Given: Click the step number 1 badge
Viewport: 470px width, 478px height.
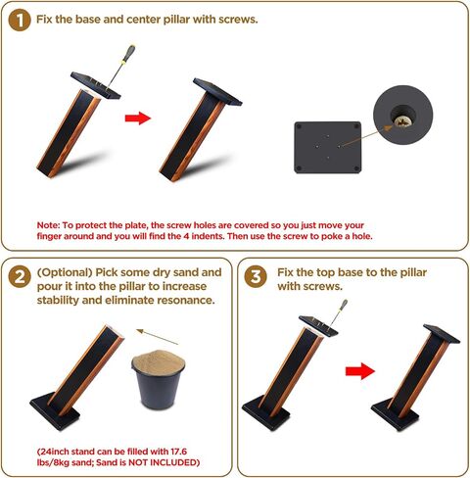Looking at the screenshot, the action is [x=20, y=21].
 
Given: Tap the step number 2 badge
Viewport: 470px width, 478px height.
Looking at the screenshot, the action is [x=20, y=277].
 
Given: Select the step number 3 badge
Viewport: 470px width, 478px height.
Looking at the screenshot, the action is [x=256, y=277].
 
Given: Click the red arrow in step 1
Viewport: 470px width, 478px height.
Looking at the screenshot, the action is [x=138, y=118].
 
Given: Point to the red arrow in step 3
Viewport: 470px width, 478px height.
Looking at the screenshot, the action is [x=360, y=371].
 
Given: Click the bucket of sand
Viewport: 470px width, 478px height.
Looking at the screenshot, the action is [x=158, y=379].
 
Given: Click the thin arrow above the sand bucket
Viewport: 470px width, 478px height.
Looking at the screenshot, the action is [x=158, y=337].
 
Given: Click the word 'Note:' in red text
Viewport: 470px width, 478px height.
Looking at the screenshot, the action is [x=48, y=225].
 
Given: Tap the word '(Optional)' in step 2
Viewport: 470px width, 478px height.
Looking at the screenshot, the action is [x=65, y=272].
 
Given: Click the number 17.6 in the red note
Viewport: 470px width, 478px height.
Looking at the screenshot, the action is [x=178, y=452].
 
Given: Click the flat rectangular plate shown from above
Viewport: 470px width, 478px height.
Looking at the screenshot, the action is [x=328, y=147].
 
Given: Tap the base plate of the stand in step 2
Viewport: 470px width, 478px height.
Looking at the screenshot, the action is [x=55, y=411].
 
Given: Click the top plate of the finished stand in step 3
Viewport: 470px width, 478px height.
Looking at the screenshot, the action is [x=442, y=334].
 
